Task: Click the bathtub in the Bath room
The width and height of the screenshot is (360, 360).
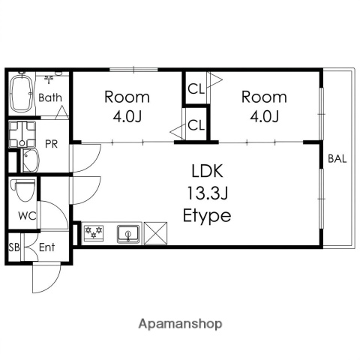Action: [22, 92]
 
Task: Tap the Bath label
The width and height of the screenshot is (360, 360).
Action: [50, 97]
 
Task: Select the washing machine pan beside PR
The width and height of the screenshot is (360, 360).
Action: [22, 134]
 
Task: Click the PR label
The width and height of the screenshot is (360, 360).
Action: [52, 144]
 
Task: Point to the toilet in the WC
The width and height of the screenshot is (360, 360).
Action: [22, 190]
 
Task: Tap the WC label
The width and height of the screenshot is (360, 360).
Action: [27, 216]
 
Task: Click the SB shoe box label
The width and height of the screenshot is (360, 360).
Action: [14, 247]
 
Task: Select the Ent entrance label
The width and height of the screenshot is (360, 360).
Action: [46, 247]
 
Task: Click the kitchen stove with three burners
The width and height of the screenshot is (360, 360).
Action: [94, 233]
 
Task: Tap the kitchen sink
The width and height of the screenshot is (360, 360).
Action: [128, 234]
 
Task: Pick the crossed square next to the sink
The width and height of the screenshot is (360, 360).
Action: [156, 233]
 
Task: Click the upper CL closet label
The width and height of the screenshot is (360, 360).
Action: [196, 89]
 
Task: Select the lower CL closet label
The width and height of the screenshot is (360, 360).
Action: [196, 125]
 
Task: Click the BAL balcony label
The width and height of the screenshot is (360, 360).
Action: [337, 159]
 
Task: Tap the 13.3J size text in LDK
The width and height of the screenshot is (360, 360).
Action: [208, 193]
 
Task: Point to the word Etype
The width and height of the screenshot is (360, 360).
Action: [207, 216]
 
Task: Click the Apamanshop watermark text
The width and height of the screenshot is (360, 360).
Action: [181, 324]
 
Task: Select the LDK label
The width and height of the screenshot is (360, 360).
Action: [207, 171]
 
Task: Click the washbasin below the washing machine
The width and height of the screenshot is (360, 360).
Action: [31, 160]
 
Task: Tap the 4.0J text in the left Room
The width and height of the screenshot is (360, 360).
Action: [127, 116]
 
